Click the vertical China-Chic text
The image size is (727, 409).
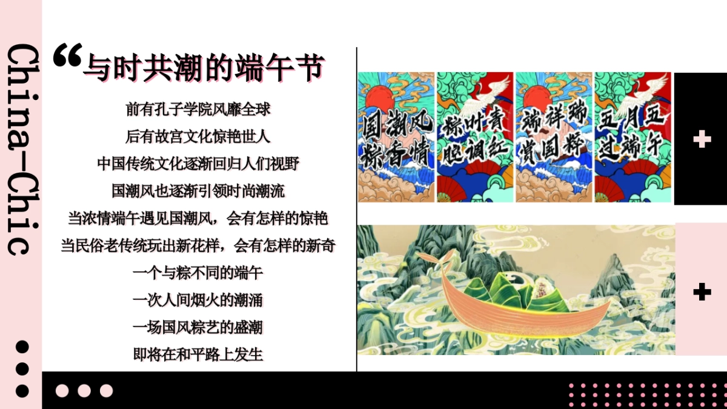(21, 148)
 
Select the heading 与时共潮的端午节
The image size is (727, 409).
(204, 67)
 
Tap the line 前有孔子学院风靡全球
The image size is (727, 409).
(198, 109)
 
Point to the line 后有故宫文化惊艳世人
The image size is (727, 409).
(198, 136)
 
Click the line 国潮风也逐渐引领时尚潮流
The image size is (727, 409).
(198, 191)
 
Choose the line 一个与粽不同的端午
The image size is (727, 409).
(198, 273)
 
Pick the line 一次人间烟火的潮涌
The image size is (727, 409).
(198, 300)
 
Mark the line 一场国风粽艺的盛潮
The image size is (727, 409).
(198, 327)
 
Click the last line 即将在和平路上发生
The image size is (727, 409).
(198, 354)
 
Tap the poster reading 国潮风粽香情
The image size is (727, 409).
(396, 137)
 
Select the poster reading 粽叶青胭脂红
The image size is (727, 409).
(475, 137)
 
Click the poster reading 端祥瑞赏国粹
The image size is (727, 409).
(554, 137)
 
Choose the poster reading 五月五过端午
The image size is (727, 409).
(632, 137)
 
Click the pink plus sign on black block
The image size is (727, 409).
(702, 139)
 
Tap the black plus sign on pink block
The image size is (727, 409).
(702, 292)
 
